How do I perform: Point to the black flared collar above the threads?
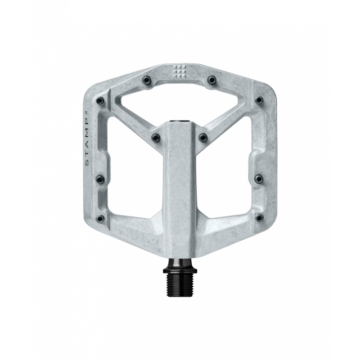(x=180, y=265)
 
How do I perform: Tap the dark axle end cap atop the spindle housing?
(x=180, y=121)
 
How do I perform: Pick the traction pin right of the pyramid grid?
(x=211, y=80)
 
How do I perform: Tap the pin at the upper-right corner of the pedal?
(x=259, y=100)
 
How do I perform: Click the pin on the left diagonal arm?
(x=155, y=137)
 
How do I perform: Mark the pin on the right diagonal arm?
(x=203, y=137)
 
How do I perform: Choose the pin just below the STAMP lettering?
(x=100, y=179)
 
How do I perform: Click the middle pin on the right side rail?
(x=259, y=179)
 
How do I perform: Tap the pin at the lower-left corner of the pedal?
(x=100, y=219)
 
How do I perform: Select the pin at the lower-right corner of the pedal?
(x=259, y=219)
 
